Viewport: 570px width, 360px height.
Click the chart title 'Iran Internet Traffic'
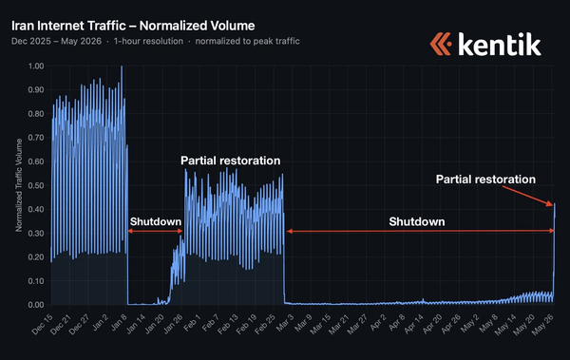[x=68, y=26]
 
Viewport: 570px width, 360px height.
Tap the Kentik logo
[x=485, y=45]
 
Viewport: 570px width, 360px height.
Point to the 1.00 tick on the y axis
[x=36, y=66]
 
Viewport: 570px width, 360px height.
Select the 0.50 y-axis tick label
[x=36, y=185]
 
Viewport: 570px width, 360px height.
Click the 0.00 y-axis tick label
[x=36, y=305]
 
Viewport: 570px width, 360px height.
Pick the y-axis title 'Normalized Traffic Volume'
[x=19, y=185]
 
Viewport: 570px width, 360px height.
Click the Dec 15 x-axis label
[x=43, y=324]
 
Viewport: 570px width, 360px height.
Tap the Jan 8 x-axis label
[x=119, y=323]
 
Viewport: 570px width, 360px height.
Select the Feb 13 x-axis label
[x=228, y=324]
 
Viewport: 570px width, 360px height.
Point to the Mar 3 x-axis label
[x=285, y=323]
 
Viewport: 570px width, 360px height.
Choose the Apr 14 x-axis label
[x=414, y=324]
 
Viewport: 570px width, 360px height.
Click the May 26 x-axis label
[x=542, y=324]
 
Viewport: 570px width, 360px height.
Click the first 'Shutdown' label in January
[x=156, y=221]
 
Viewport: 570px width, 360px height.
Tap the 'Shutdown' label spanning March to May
[x=417, y=221]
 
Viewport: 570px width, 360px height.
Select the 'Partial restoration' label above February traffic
[x=231, y=161]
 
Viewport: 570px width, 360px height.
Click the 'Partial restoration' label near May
[x=485, y=179]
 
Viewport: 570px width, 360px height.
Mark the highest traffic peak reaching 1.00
[x=122, y=66]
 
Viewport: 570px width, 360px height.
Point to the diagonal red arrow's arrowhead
[x=550, y=204]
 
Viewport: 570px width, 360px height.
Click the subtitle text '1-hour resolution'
[x=148, y=41]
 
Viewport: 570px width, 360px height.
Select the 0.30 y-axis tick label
[x=36, y=233]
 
